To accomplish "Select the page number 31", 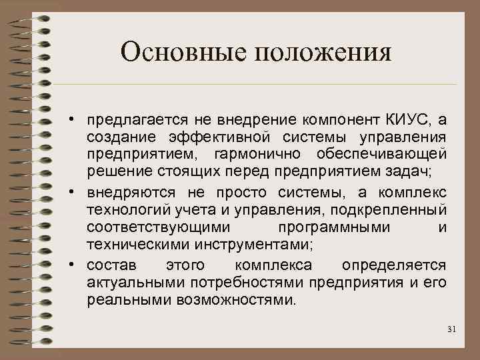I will pyautogui.click(x=451, y=330).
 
